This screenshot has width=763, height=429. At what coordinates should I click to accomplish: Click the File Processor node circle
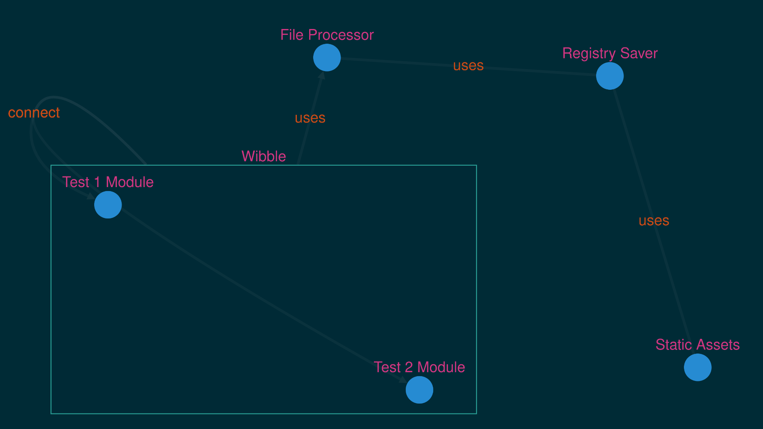[327, 58]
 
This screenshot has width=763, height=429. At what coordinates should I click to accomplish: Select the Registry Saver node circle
[610, 76]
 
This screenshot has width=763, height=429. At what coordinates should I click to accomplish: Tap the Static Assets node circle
[697, 367]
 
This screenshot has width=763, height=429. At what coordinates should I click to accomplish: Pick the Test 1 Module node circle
[108, 205]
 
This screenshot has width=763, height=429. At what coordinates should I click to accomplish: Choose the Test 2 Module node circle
[419, 390]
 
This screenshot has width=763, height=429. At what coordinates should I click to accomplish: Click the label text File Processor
[327, 35]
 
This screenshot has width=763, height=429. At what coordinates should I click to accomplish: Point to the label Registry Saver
[610, 53]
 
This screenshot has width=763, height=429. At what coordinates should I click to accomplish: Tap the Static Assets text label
[697, 345]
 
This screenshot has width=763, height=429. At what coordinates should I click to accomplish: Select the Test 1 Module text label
[108, 182]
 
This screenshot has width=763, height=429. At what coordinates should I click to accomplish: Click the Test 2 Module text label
[419, 367]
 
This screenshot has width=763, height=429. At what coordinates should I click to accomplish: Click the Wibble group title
[263, 157]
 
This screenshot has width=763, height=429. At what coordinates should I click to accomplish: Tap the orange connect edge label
[34, 113]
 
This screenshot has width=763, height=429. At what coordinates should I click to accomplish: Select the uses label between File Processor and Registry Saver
[468, 66]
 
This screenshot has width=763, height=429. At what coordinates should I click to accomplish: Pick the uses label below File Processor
[310, 118]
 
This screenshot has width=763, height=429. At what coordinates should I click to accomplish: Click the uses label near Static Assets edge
[654, 221]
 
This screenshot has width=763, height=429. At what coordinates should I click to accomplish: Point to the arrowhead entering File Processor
[322, 75]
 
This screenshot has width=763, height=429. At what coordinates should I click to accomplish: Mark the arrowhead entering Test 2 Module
[403, 380]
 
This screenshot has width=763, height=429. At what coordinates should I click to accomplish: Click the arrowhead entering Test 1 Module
[91, 196]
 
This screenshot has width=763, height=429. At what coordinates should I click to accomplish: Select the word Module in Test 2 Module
[441, 367]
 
